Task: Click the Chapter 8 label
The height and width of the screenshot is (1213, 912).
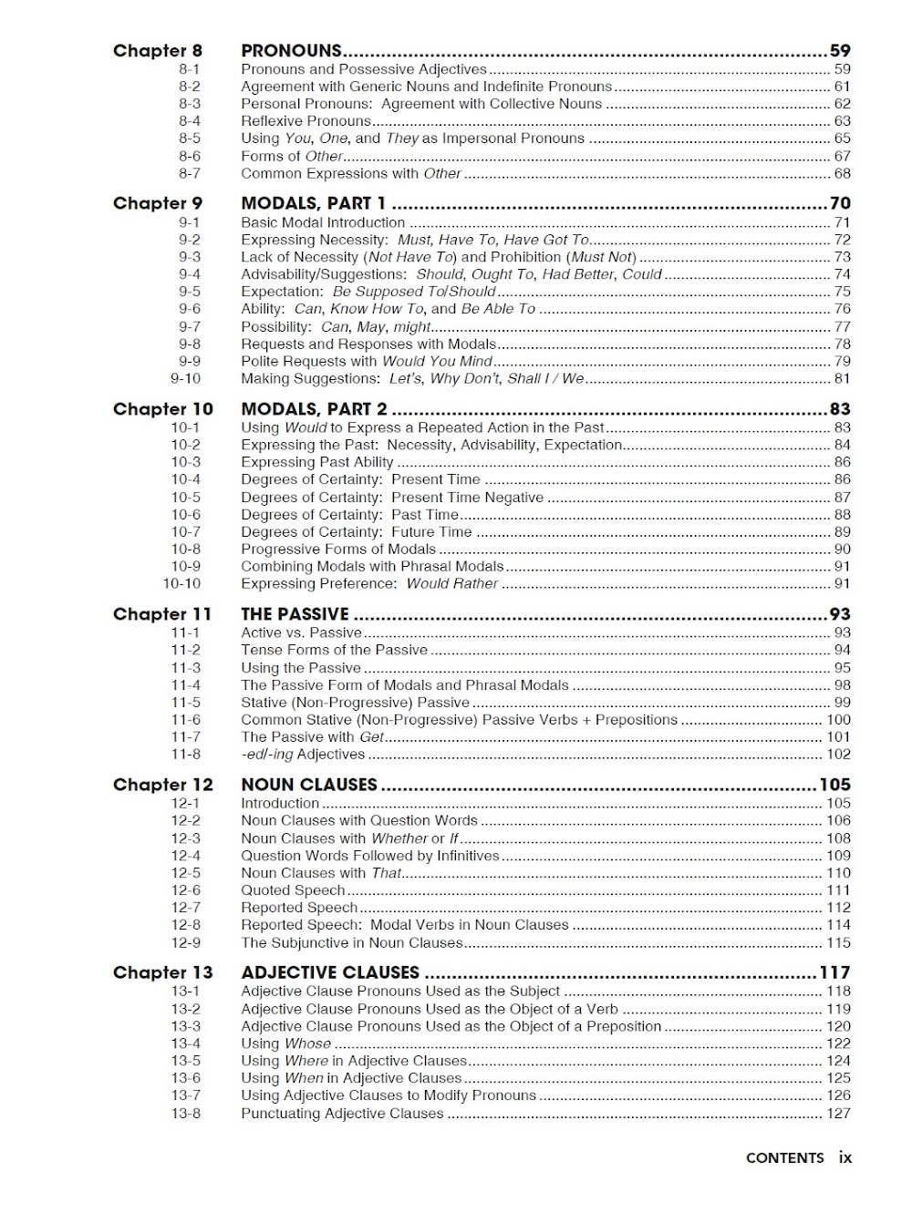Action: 157,51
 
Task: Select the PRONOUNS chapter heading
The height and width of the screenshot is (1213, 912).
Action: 291,51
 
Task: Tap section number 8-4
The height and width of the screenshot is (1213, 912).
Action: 190,121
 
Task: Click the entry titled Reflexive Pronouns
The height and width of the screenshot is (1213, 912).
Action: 306,121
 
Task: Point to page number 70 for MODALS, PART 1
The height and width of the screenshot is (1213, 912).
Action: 839,203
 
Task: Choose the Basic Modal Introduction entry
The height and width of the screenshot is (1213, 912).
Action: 323,222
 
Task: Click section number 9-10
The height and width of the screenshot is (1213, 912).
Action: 185,379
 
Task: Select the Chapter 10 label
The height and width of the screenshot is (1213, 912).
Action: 162,409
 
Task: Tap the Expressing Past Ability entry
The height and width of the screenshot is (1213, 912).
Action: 316,462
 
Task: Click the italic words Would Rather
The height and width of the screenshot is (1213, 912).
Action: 452,584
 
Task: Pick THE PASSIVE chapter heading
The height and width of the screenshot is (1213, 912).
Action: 295,614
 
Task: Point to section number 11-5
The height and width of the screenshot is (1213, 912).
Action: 185,703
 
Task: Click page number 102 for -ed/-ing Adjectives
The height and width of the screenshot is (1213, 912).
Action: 837,755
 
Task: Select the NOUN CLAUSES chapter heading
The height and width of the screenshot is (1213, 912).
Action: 308,785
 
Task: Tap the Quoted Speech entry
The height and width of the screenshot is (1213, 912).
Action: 293,890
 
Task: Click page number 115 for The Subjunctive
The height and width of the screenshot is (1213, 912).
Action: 837,943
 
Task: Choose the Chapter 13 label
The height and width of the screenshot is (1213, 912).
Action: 162,972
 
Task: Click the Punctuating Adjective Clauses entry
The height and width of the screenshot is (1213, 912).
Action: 342,1114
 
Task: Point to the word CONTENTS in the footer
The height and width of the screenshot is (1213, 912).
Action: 784,1158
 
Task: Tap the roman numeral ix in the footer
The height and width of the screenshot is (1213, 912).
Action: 845,1158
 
